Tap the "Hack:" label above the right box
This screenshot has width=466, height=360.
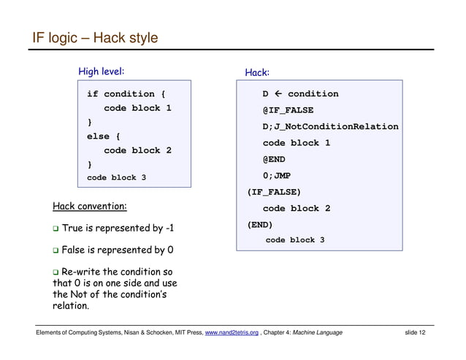pos(257,72)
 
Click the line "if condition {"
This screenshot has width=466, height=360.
pos(126,94)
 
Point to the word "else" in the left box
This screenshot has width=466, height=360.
pos(98,137)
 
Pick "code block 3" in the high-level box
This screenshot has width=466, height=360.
pos(116,177)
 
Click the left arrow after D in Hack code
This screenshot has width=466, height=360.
pos(279,94)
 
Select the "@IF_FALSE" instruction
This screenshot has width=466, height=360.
pos(288,110)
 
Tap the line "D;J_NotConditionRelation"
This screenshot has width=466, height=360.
pos(330,127)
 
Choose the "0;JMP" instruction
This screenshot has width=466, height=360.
pos(277,175)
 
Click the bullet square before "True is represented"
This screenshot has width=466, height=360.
pos(56,229)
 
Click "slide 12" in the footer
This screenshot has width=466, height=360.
pos(415,333)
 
